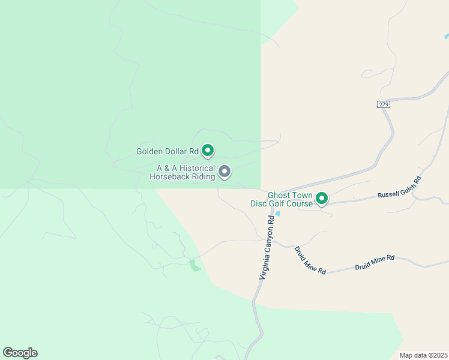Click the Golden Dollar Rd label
pyautogui.click(x=167, y=151)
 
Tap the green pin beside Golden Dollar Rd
pyautogui.click(x=208, y=150)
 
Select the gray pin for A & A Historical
pyautogui.click(x=224, y=172)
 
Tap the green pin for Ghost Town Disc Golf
pyautogui.click(x=322, y=197)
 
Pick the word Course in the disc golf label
pyautogui.click(x=300, y=204)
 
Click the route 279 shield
pyautogui.click(x=384, y=104)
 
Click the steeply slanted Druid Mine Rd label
pyautogui.click(x=310, y=260)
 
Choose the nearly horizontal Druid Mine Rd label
pyautogui.click(x=374, y=262)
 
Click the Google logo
pyautogui.click(x=20, y=353)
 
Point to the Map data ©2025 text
pyautogui.click(x=423, y=355)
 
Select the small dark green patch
pyautogui.click(x=194, y=265)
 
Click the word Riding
pyautogui.click(x=202, y=177)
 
